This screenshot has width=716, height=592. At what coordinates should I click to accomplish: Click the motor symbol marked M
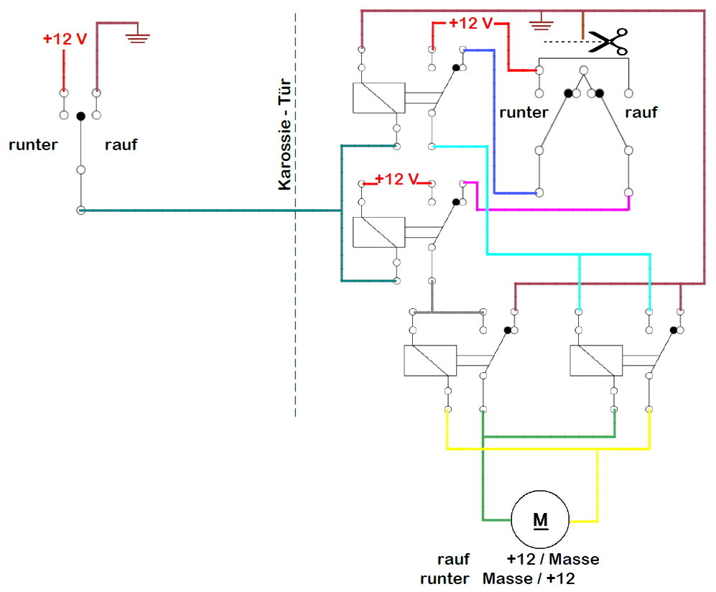pyautogui.click(x=540, y=519)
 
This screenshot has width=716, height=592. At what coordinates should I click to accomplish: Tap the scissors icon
pyautogui.click(x=608, y=42)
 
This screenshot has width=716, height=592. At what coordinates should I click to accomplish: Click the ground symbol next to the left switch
pyautogui.click(x=137, y=36)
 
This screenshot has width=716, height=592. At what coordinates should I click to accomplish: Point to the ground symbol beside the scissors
pyautogui.click(x=540, y=26)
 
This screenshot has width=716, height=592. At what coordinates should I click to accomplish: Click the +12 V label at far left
pyautogui.click(x=65, y=39)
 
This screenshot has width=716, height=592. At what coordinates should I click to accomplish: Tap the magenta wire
pyautogui.click(x=553, y=210)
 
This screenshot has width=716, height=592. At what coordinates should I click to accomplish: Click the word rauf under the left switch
pyautogui.click(x=121, y=144)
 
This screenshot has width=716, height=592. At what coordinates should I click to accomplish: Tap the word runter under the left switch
pyautogui.click(x=33, y=144)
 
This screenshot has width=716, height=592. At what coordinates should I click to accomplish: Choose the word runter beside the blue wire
pyautogui.click(x=524, y=113)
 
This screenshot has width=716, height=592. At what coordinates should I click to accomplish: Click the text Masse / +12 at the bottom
pyautogui.click(x=530, y=578)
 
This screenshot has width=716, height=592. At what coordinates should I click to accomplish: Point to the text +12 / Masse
pyautogui.click(x=552, y=559)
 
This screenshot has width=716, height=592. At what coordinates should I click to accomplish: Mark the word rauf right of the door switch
pyautogui.click(x=641, y=113)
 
